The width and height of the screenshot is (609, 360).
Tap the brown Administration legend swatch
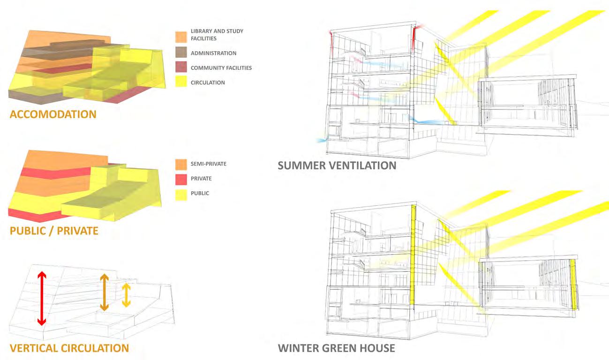tap(181, 53)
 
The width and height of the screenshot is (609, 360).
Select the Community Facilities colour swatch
tap(181, 68)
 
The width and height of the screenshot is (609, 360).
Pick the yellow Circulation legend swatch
tap(181, 82)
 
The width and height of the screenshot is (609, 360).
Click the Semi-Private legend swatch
tap(181, 164)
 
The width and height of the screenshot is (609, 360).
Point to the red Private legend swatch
tap(181, 179)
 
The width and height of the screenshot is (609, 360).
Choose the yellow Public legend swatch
tap(181, 193)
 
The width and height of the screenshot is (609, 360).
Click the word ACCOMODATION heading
tap(53, 114)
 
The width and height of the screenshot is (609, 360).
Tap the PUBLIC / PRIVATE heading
tap(53, 231)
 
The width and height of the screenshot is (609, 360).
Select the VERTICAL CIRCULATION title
tap(68, 348)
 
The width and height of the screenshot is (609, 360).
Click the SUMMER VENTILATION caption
tap(337, 165)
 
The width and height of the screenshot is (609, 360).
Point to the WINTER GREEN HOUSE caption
tap(336, 348)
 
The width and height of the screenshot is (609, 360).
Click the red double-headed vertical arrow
tap(42, 299)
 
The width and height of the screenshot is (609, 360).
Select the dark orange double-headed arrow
tap(104, 292)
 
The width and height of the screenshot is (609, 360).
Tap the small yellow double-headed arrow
tap(126, 295)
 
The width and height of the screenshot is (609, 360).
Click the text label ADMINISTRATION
tap(213, 53)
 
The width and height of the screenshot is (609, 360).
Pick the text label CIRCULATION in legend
tap(208, 82)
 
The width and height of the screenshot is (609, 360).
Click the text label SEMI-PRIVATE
tap(209, 164)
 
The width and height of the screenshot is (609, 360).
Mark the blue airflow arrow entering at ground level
tap(321, 140)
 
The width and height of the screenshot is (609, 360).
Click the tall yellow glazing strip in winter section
tap(413, 253)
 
